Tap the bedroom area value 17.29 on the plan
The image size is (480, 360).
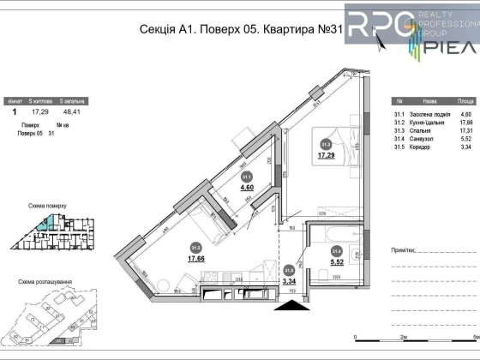click(x=326, y=156)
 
